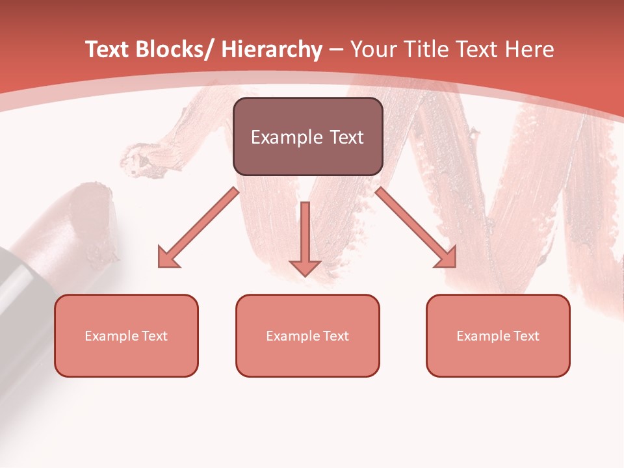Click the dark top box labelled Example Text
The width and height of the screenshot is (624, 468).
(x=307, y=136)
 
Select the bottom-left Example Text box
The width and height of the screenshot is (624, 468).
(x=126, y=335)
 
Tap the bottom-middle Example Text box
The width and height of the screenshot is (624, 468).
(x=307, y=335)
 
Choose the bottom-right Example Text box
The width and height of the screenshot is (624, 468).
(x=498, y=335)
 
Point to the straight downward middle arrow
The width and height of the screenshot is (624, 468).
(x=305, y=234)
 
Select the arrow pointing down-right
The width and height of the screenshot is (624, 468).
(x=417, y=227)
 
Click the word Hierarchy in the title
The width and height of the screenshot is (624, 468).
(x=272, y=49)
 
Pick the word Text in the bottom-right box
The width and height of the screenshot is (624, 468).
(x=527, y=336)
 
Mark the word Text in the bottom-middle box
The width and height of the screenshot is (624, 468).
(x=337, y=336)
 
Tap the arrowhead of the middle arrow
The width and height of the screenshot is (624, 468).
(x=305, y=267)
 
